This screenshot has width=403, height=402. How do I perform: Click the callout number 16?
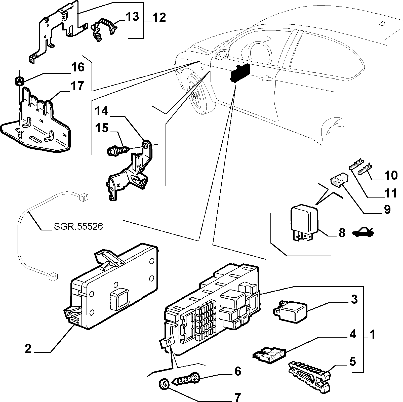77,68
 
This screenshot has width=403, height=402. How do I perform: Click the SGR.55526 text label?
78,227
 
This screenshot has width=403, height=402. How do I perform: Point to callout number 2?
28,349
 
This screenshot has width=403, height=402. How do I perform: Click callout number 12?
159,18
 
